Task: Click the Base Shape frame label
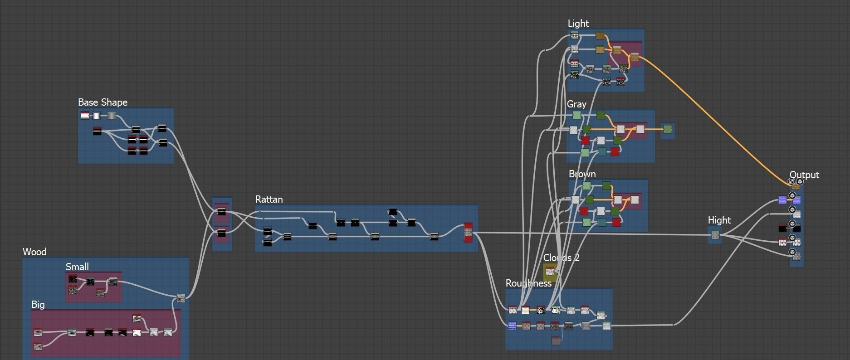coord(103,102)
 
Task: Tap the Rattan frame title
coord(269,199)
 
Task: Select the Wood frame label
coord(34,252)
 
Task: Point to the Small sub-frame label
coord(77,267)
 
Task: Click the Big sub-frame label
coord(38,305)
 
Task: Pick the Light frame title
coord(578,24)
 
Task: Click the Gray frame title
coord(576,104)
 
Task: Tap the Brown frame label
coord(582,174)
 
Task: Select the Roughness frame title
coord(528,283)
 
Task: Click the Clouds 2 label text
coord(561,258)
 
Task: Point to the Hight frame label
coord(719,220)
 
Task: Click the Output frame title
coord(804,175)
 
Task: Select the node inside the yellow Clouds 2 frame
coord(550,272)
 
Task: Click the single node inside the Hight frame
coord(715,235)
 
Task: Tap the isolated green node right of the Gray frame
coord(667,130)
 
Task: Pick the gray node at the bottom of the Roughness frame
coord(556,341)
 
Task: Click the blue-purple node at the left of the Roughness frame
coord(512,326)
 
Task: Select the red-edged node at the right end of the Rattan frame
coord(468,233)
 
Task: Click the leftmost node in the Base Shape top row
coord(85,116)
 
